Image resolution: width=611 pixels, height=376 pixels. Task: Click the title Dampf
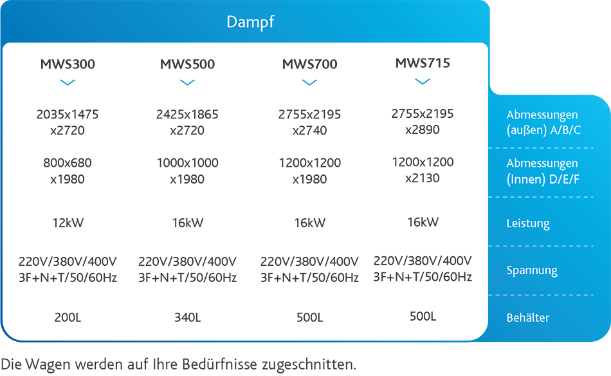point(250,22)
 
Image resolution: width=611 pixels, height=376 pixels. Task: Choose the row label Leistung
point(528,223)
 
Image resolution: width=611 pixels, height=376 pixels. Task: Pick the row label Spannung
point(531,270)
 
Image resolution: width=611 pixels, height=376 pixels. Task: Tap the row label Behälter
point(528,317)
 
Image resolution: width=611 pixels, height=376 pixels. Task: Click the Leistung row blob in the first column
point(69,219)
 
